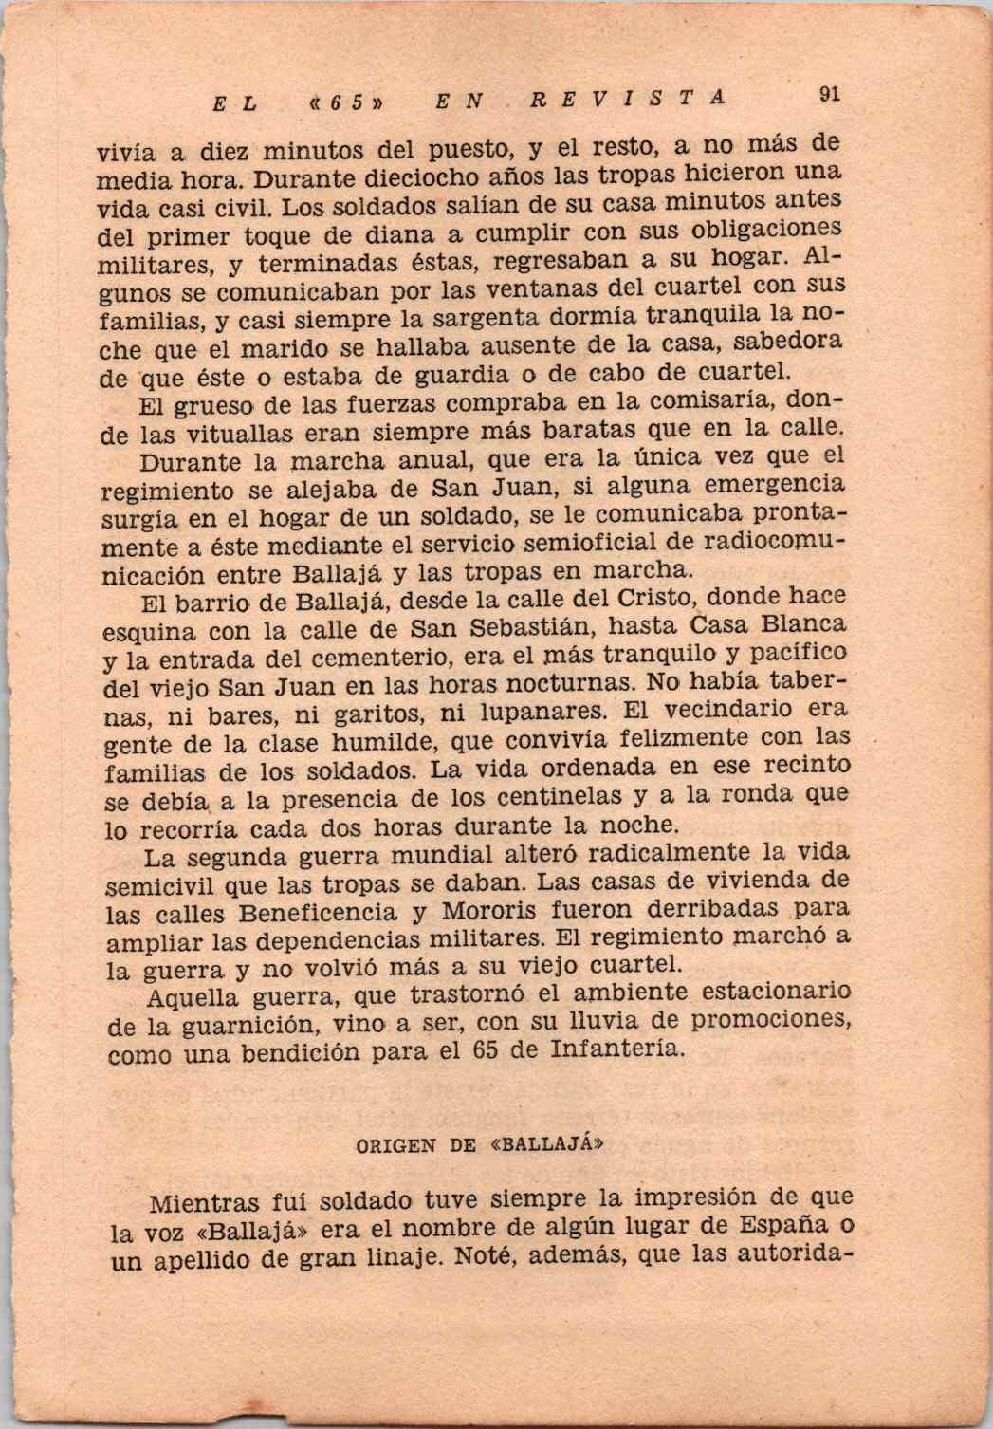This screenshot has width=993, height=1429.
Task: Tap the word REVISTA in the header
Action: (x=629, y=97)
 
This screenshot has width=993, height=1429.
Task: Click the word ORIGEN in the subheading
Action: (x=395, y=1144)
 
